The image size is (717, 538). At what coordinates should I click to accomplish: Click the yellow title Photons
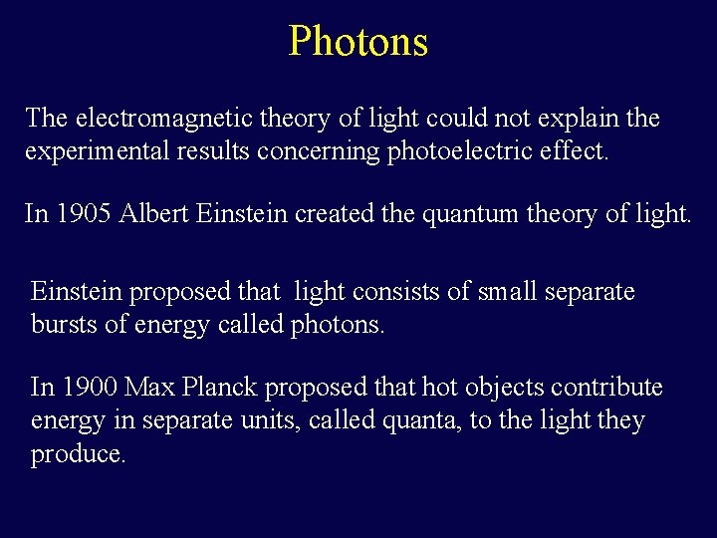coord(358,42)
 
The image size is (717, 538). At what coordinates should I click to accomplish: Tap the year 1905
coord(86,213)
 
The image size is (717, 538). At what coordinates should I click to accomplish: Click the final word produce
coord(79,455)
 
